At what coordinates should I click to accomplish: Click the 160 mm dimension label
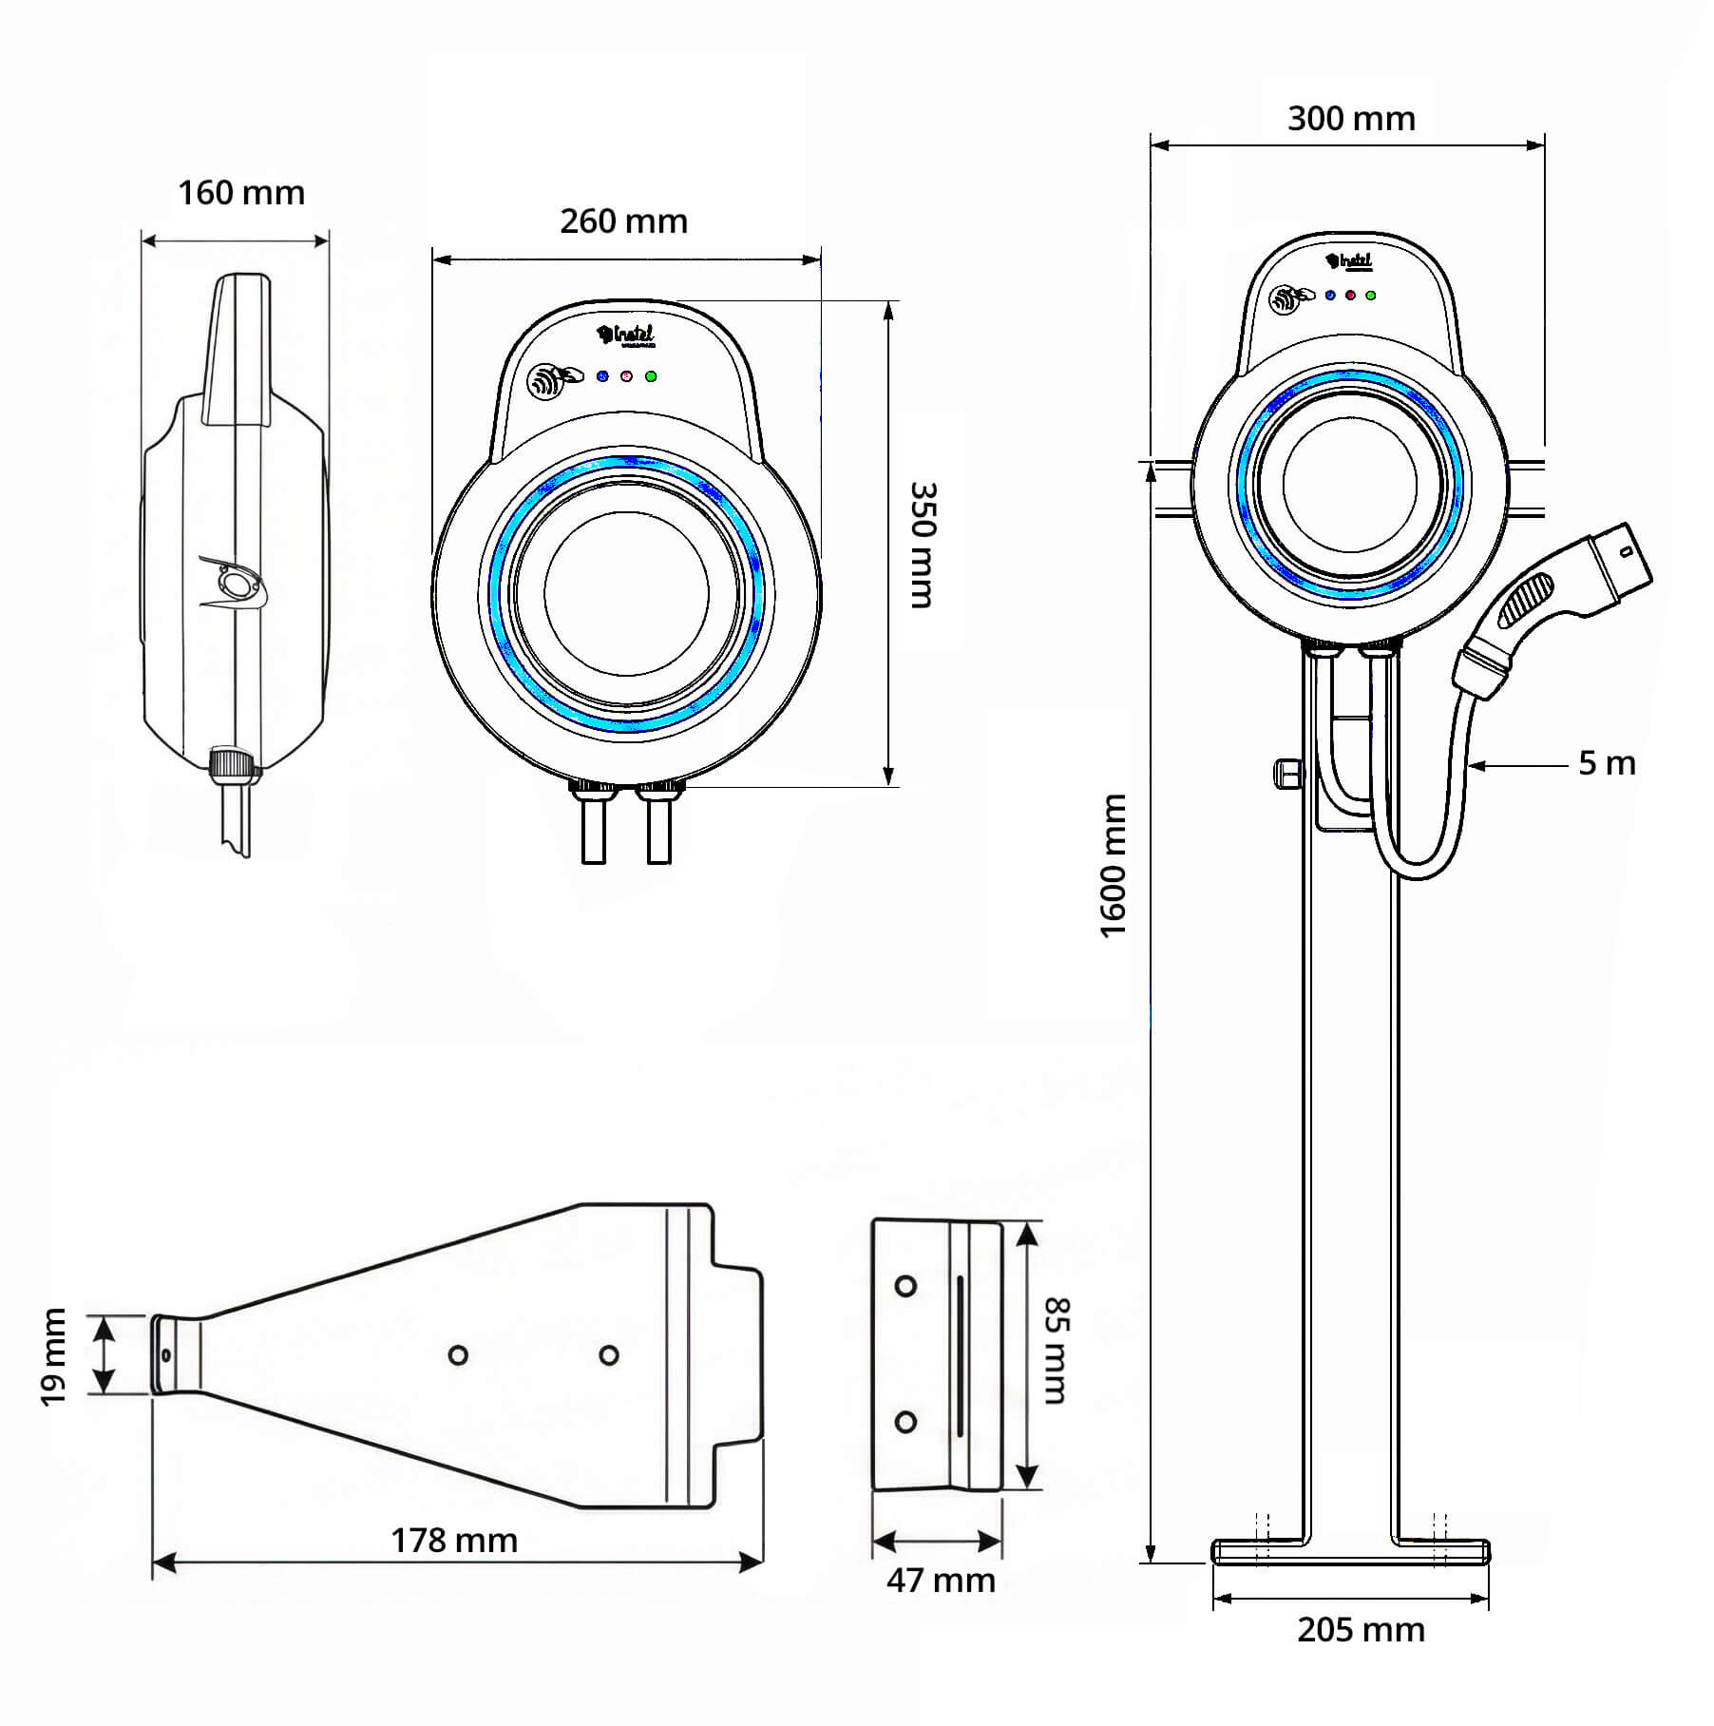click(241, 194)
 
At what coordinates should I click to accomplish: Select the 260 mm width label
click(623, 222)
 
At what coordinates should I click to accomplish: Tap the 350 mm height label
click(923, 545)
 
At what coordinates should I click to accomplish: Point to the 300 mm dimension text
click(1351, 120)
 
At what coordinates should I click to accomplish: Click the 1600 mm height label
click(1113, 866)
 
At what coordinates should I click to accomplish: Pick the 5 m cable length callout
click(1607, 763)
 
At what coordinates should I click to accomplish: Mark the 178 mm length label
click(454, 1541)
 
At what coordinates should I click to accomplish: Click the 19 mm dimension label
click(54, 1356)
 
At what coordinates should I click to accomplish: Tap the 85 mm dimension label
click(1056, 1351)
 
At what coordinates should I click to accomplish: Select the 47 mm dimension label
click(941, 1581)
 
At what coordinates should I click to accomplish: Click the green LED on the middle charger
click(651, 376)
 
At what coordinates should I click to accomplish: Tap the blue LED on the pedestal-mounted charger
click(1329, 296)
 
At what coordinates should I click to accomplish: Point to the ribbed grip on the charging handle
click(1526, 601)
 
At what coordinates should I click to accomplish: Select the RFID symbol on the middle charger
click(543, 382)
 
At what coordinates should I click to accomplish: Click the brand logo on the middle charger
click(626, 335)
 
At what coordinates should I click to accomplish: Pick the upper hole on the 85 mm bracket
click(905, 1287)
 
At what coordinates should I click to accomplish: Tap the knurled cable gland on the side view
click(232, 763)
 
